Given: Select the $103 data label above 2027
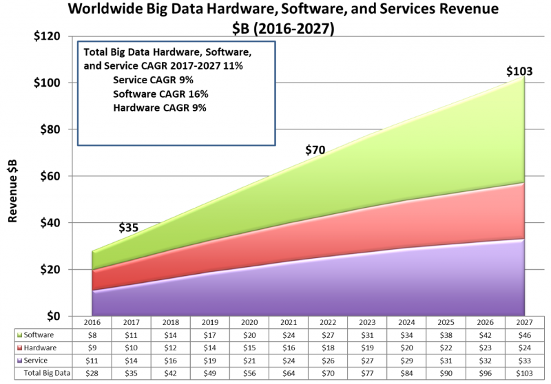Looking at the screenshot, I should [519, 72].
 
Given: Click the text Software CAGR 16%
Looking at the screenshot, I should [160, 94].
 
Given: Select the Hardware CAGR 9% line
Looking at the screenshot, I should [160, 107].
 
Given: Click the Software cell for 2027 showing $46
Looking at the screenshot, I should [525, 335].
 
